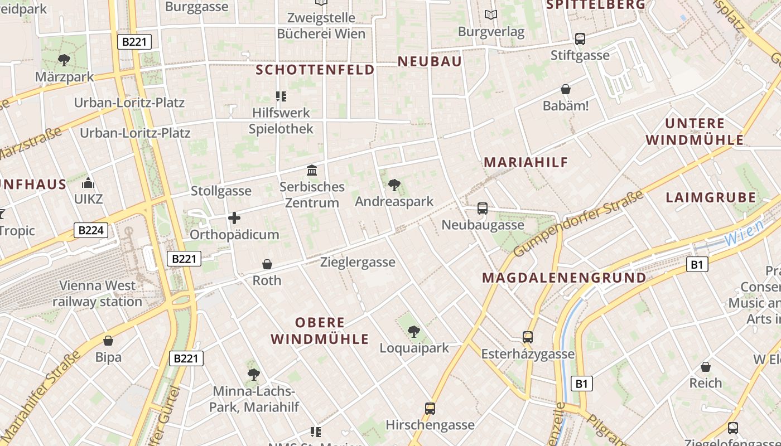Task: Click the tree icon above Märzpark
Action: point(64,60)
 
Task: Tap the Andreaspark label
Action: point(394,201)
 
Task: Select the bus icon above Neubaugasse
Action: point(483,209)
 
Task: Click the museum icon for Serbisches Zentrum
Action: point(312,170)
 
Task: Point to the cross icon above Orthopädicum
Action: point(234,217)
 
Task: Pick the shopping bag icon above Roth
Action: point(267,264)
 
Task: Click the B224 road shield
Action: point(90,230)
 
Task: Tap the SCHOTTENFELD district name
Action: point(315,70)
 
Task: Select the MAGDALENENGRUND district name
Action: point(564,278)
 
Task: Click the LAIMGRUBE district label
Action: point(711,197)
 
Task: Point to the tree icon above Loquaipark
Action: point(413,332)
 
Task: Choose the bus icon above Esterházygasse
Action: point(528,337)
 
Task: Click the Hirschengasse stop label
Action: point(430,425)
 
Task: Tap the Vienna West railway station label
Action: point(98,294)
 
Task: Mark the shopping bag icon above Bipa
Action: point(108,340)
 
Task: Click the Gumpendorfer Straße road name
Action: point(578,224)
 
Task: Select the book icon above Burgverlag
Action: point(491,14)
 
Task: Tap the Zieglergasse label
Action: point(358,262)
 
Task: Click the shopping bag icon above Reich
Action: point(706,367)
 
